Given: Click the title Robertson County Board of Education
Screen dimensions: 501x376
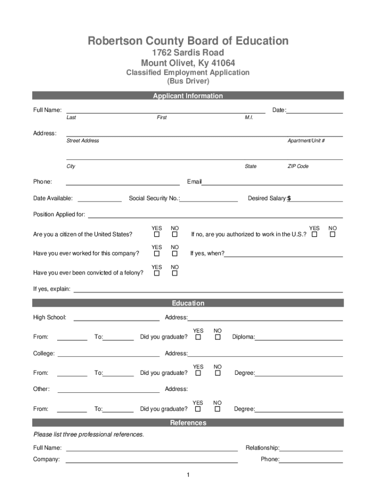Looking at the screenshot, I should [x=188, y=41].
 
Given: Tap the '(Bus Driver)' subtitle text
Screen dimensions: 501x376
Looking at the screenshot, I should [x=188, y=81].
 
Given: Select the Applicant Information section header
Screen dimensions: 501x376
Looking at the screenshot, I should [x=188, y=96].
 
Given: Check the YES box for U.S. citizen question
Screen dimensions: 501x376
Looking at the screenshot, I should [x=157, y=235].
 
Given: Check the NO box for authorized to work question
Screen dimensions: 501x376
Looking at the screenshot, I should [x=333, y=235].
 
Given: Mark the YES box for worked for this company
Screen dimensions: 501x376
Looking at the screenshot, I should [x=157, y=254].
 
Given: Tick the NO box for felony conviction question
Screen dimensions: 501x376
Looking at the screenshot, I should [x=174, y=273].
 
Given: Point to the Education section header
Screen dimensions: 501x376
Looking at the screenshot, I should [x=188, y=303].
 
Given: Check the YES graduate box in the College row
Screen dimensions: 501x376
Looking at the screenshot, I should [x=198, y=373].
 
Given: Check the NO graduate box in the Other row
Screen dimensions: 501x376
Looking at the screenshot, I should [x=218, y=409].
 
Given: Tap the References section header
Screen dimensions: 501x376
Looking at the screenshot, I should [x=188, y=423].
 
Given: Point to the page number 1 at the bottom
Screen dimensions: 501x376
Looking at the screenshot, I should [x=188, y=476].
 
